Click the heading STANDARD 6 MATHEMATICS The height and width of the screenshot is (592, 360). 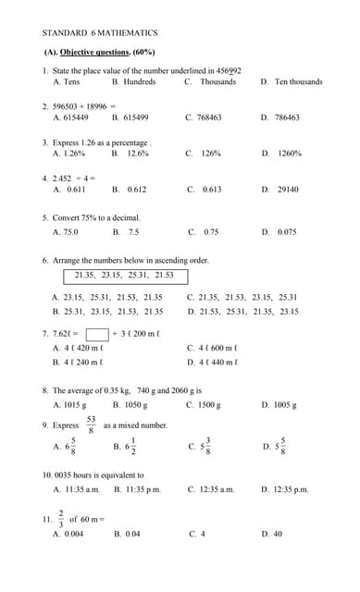(100, 32)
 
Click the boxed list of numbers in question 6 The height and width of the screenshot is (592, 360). (124, 276)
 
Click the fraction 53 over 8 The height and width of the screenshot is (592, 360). (91, 425)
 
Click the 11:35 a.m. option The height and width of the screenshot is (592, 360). (81, 489)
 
